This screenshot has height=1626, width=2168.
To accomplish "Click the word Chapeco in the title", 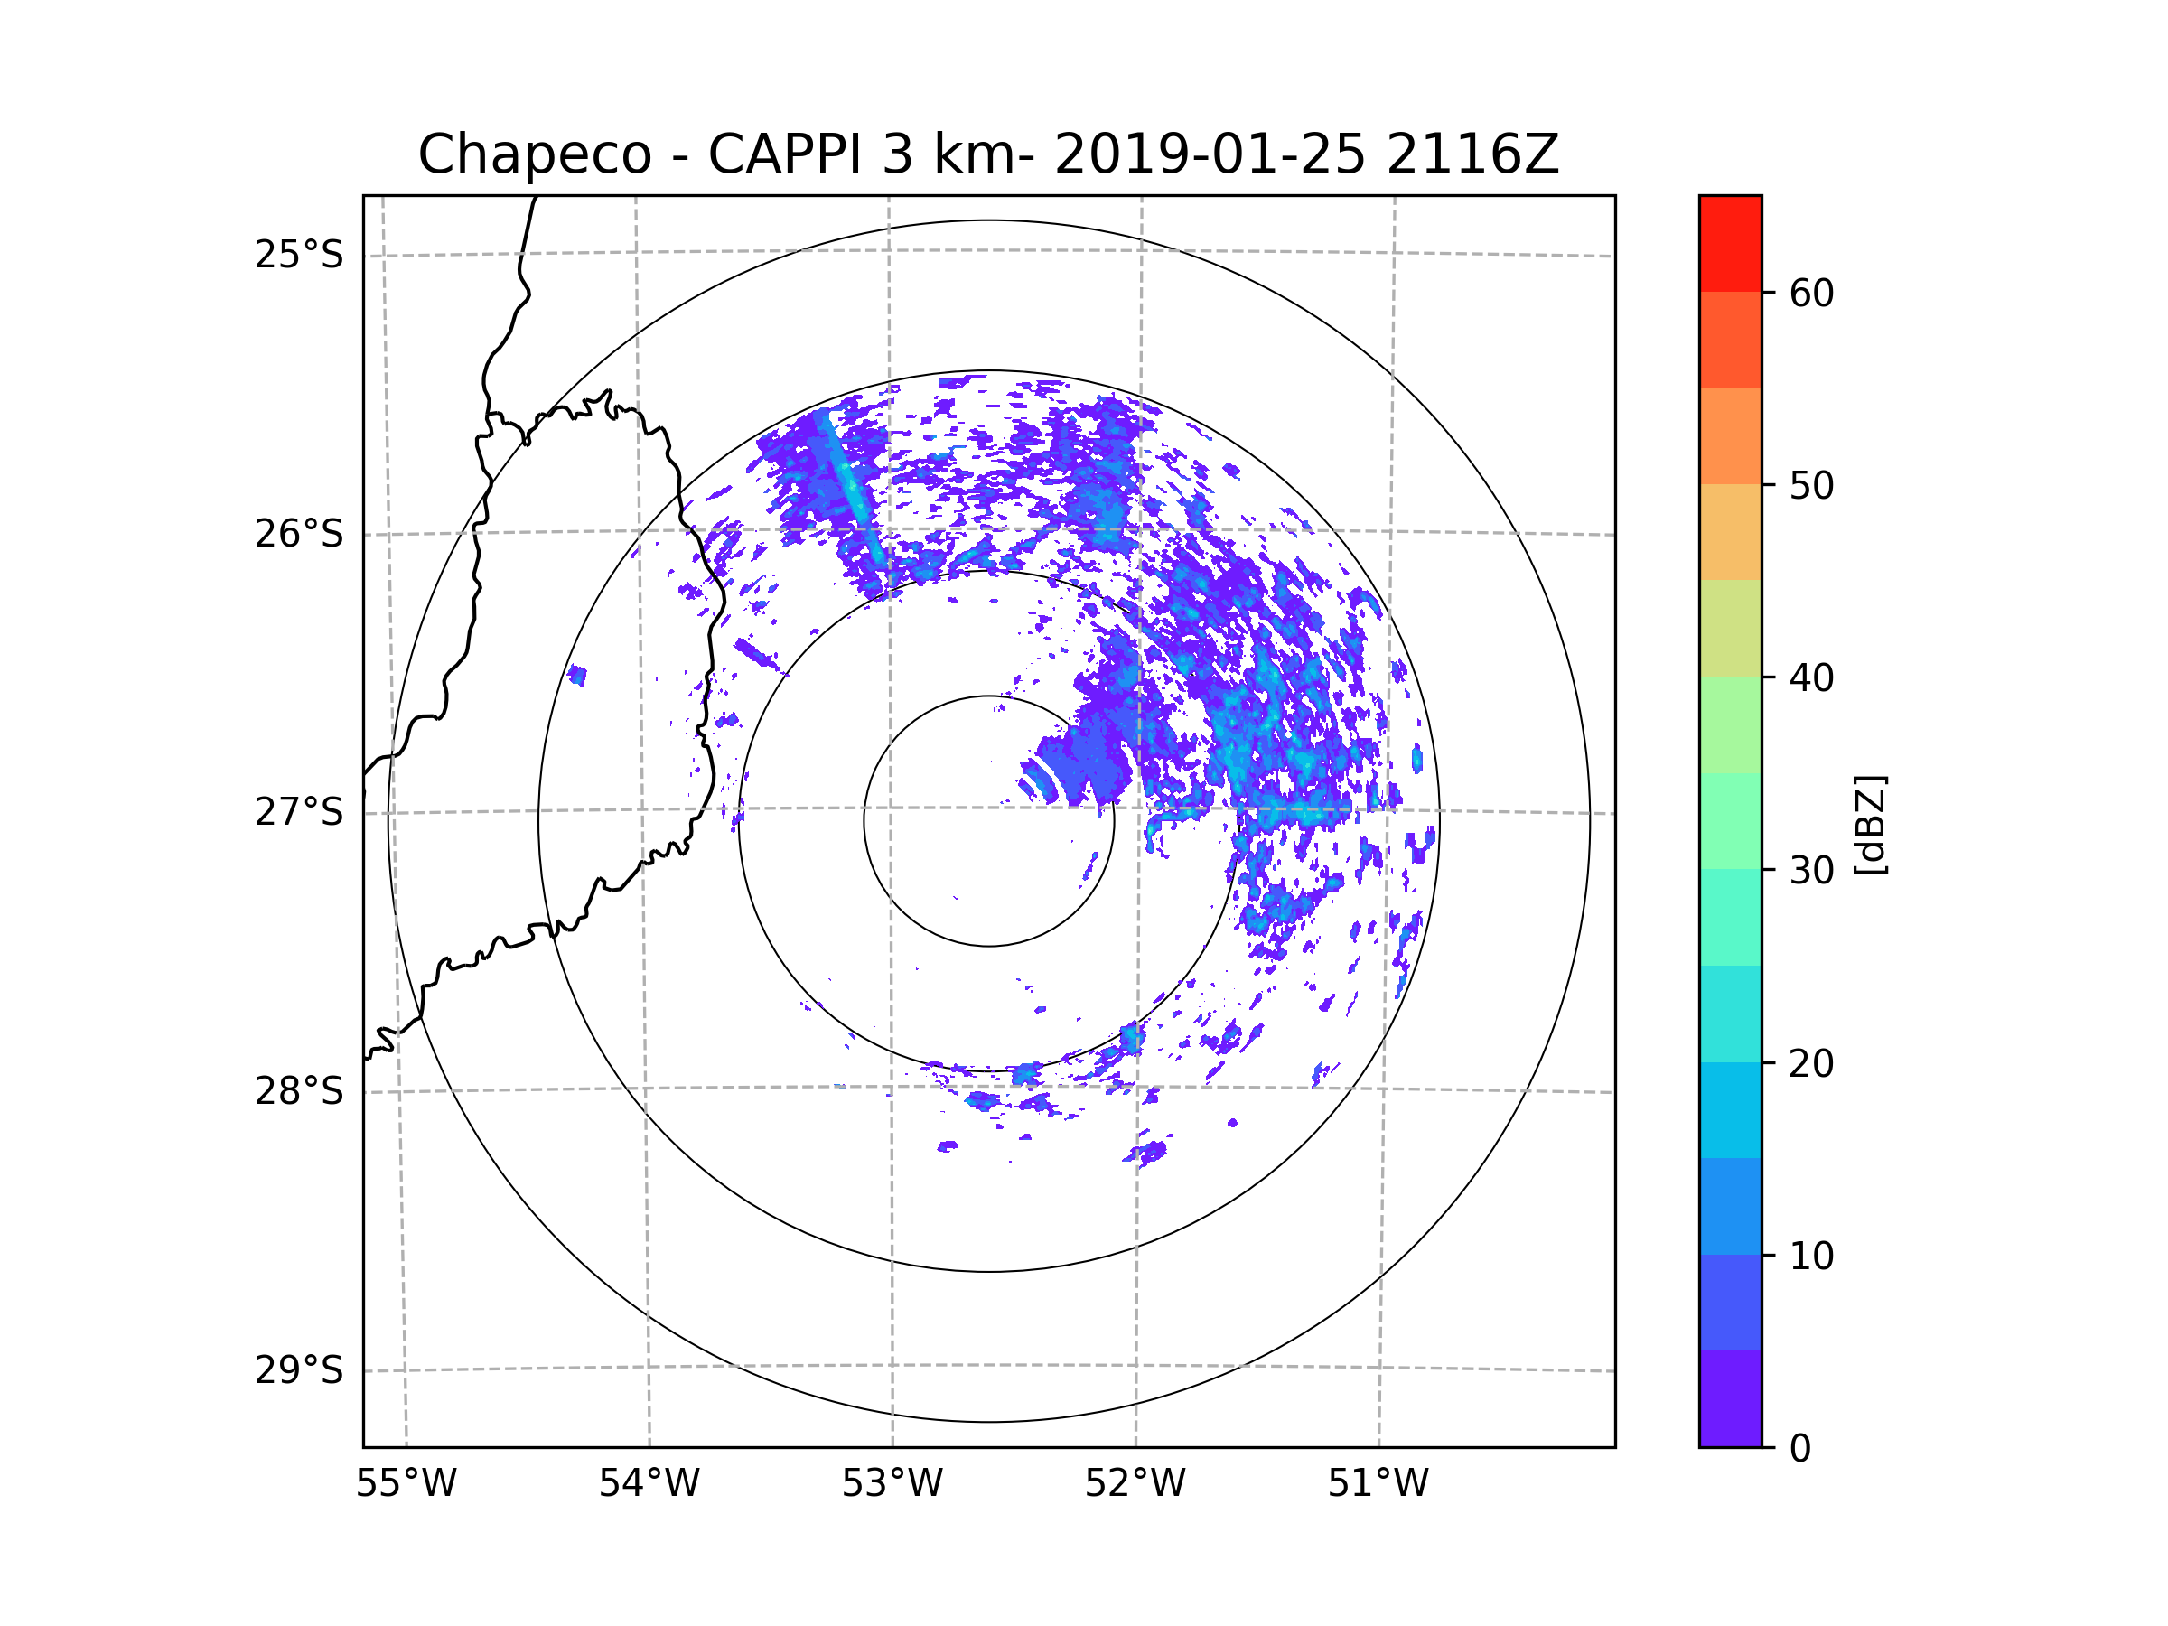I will [x=534, y=154].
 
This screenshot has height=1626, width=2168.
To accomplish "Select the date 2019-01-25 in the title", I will [x=1210, y=154].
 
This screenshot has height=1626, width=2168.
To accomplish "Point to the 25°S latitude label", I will [x=299, y=255].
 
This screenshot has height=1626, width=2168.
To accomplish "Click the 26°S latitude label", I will [x=299, y=534].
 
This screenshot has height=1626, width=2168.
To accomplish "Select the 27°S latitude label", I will [x=299, y=812].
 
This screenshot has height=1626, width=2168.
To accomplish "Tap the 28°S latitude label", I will [x=299, y=1091].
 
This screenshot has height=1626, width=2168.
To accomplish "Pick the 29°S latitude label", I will [x=299, y=1370].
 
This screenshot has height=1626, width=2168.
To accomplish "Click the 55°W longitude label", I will [x=406, y=1484].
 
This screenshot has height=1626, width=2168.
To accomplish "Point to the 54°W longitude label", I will [x=649, y=1484].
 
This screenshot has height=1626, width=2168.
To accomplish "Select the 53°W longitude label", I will [x=892, y=1484].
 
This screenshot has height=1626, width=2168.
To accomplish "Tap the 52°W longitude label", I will [x=1135, y=1484].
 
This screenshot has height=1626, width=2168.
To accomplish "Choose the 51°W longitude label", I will [x=1378, y=1484].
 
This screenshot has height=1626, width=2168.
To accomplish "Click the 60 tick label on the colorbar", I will [x=1811, y=293].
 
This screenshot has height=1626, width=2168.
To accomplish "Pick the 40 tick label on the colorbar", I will [x=1811, y=678].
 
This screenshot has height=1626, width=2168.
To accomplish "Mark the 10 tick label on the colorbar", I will [x=1811, y=1256].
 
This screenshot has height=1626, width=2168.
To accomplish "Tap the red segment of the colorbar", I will [x=1730, y=243].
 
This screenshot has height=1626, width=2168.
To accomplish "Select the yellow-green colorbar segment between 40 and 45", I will [x=1730, y=628].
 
